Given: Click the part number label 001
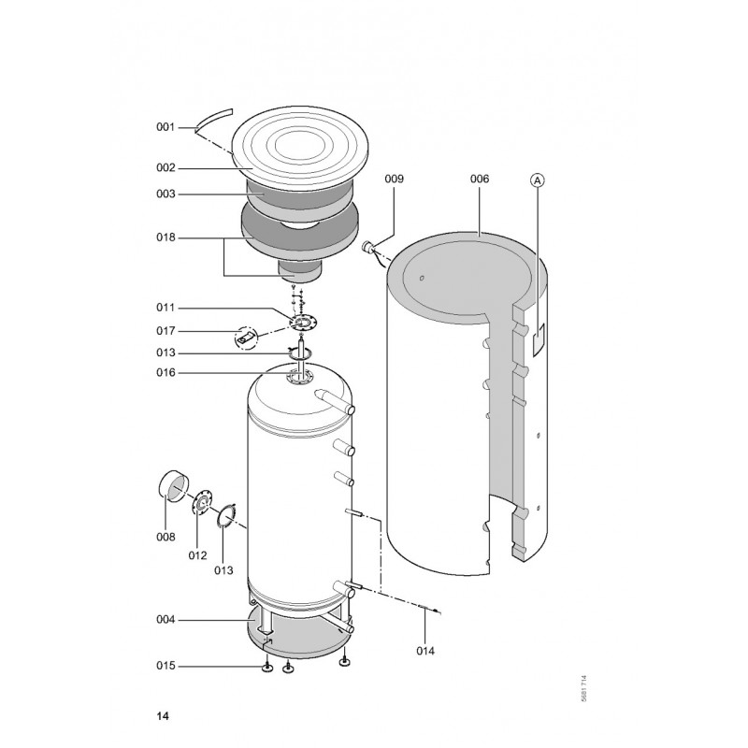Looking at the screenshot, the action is click(165, 127).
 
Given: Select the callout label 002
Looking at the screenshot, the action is click(165, 168).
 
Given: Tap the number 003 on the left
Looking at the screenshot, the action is click(165, 194).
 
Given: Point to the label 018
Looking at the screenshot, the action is click(165, 237).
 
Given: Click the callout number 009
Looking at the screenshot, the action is click(394, 179).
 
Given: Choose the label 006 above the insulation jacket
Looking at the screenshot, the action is click(480, 179).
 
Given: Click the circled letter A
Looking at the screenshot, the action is click(538, 180).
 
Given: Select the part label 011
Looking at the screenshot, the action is click(165, 308).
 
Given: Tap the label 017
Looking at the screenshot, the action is click(165, 331).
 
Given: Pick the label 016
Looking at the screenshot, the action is click(165, 372).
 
